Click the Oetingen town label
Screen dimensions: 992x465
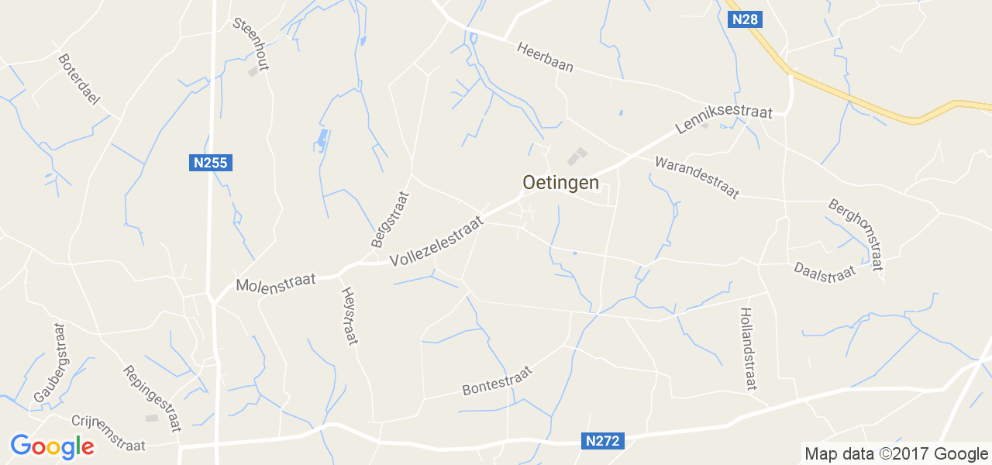(560, 183)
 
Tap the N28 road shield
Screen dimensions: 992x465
(744, 19)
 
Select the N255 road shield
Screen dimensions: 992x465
(210, 163)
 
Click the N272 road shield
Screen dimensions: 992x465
(602, 441)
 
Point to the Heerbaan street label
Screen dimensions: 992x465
(546, 56)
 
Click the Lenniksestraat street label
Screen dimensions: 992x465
(724, 120)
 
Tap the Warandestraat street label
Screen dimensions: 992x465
(697, 177)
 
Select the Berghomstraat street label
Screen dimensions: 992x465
(856, 235)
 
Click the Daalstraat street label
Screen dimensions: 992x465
(824, 271)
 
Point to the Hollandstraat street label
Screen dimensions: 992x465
(748, 348)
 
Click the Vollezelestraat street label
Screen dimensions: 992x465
(436, 242)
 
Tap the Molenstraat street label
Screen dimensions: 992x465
(276, 282)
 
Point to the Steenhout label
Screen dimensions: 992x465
(251, 43)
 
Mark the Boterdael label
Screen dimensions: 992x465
(79, 80)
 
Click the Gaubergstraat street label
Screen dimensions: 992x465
(50, 363)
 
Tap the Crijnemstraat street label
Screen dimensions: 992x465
(108, 432)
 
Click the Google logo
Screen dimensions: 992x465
(52, 446)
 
